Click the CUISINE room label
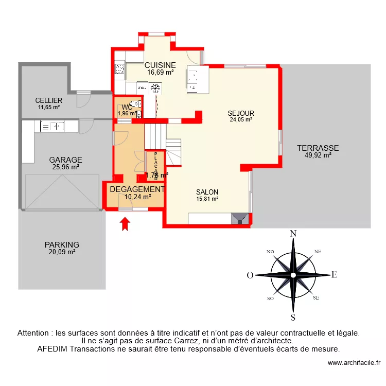[x=160, y=65]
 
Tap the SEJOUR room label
[x=241, y=113]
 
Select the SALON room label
[x=207, y=192]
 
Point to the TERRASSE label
[x=318, y=148]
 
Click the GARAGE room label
[x=65, y=160]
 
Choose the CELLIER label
[x=49, y=100]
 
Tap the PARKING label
[x=62, y=245]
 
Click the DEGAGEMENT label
[x=137, y=189]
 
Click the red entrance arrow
[x=125, y=224]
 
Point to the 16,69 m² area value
[x=160, y=73]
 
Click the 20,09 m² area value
[x=62, y=252]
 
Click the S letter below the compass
[x=293, y=317]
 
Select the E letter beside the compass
[x=334, y=275]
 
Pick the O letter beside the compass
[x=250, y=275]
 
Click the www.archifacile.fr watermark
[x=355, y=363]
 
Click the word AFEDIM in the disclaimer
[x=54, y=348]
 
